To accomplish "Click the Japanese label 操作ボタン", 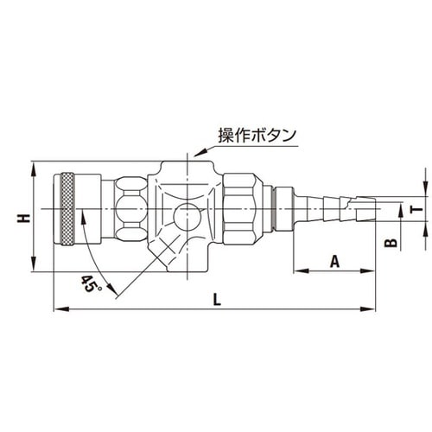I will (x=257, y=136).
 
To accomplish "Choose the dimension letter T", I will (x=415, y=207).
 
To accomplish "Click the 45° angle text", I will (x=91, y=283).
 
